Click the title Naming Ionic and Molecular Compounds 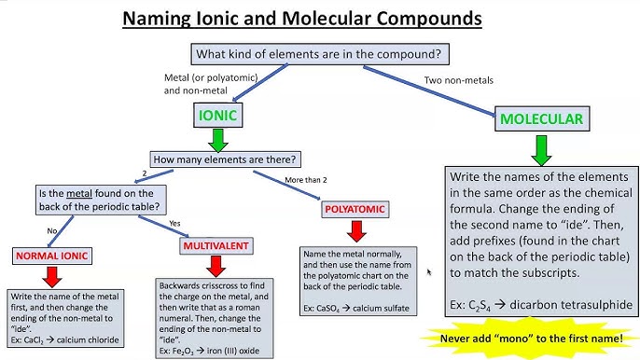coord(319,18)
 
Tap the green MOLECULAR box coord(541,118)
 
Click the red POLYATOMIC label coord(355,211)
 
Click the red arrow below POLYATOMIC coord(355,231)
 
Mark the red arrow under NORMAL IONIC coord(52,274)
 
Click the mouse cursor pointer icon coord(429,273)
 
